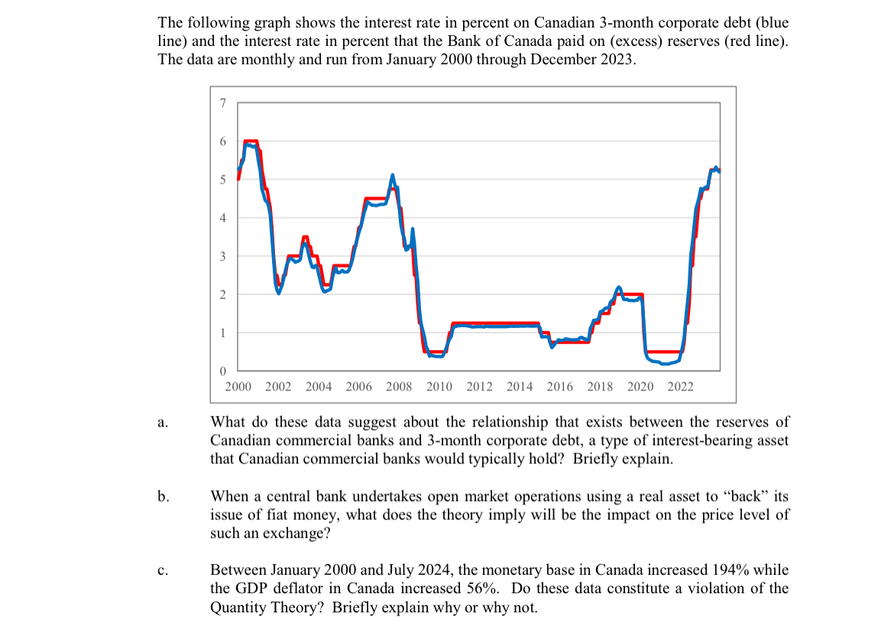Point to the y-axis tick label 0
point(222,371)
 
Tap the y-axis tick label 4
point(222,218)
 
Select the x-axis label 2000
point(238,387)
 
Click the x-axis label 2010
point(439,387)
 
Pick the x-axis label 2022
point(680,387)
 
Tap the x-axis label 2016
point(559,387)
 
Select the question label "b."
point(162,497)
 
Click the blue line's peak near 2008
point(393,176)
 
